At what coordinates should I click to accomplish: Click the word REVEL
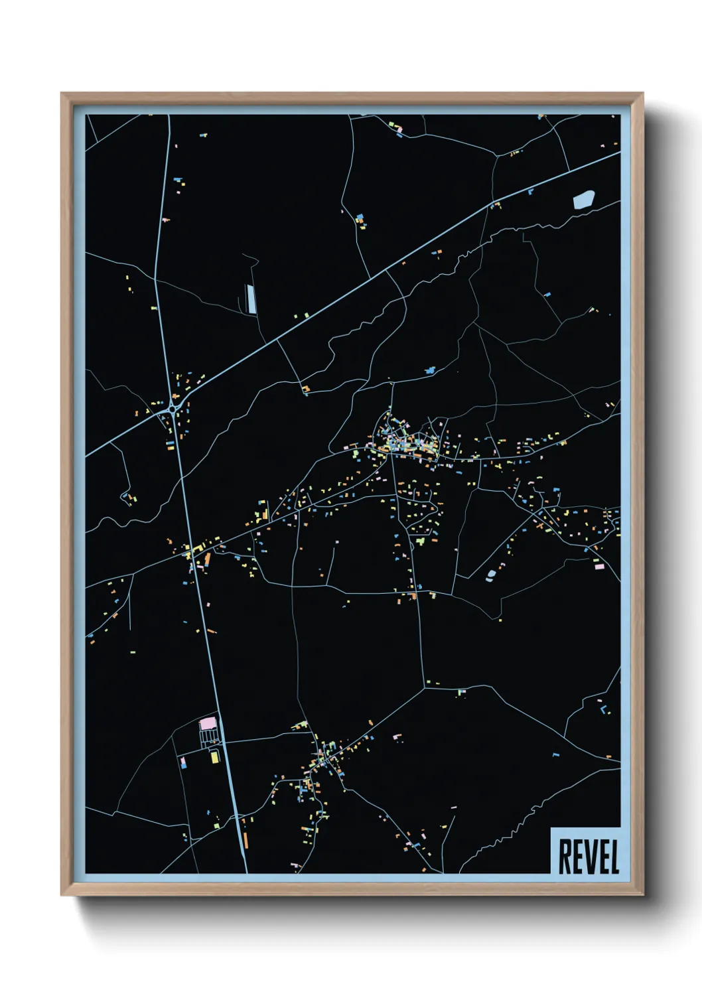click(x=589, y=857)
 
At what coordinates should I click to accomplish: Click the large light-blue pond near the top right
click(x=583, y=199)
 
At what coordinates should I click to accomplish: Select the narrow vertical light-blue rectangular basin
click(x=251, y=298)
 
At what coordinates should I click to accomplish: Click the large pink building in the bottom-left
click(x=208, y=722)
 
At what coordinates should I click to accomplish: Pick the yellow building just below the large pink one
click(x=214, y=756)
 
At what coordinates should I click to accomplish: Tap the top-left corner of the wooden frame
click(x=62, y=94)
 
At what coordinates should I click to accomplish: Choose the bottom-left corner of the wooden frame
click(x=62, y=894)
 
